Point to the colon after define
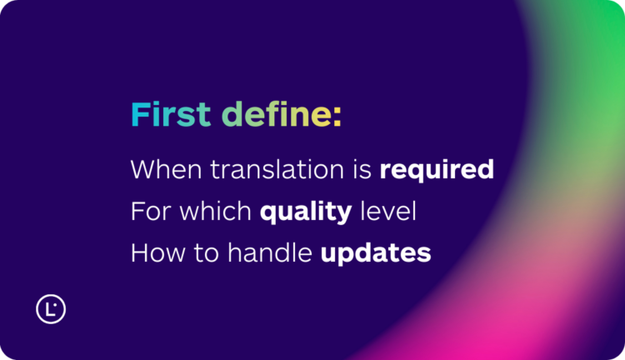[337, 118]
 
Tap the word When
[166, 170]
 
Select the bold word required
[437, 171]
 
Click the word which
[212, 211]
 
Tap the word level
[387, 211]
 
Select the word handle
[267, 252]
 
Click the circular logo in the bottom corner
[51, 308]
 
